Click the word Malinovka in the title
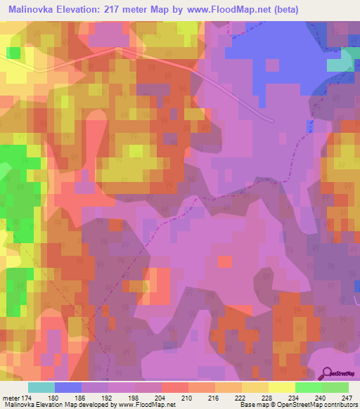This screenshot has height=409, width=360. pos(31,10)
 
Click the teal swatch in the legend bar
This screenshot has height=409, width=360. pos(41,387)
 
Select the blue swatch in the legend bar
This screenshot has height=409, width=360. pos(68,387)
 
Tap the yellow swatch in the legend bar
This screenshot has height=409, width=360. pos(281,387)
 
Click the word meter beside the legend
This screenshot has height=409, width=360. pos(11,397)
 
